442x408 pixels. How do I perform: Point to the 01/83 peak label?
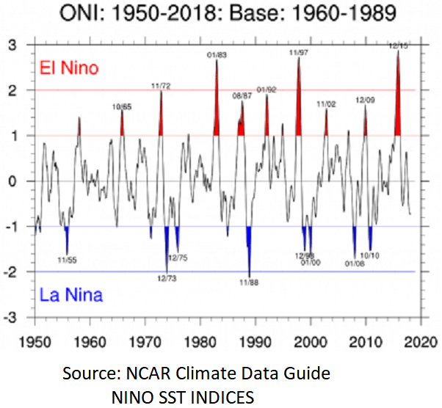tap(216, 54)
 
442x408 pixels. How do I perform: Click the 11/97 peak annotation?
tap(298, 52)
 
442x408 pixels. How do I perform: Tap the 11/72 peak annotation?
tap(161, 86)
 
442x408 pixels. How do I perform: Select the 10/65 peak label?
tap(122, 107)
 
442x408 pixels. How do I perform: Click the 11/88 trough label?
tap(250, 281)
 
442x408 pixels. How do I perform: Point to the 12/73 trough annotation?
tap(167, 278)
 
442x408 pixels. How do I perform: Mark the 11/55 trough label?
tap(67, 259)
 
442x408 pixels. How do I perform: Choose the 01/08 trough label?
tap(356, 263)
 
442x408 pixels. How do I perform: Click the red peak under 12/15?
tap(398, 103)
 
